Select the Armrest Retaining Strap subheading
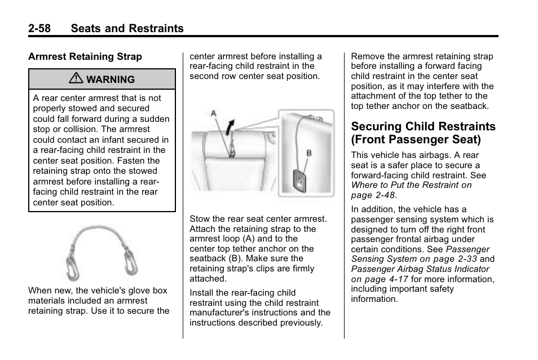tap(85, 56)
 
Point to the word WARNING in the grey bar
tap(111, 80)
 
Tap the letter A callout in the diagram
tap(214, 114)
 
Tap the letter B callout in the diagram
tap(308, 152)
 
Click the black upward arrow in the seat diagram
tap(228, 126)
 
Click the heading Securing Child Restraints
tap(423, 126)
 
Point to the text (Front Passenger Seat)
tap(416, 139)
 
